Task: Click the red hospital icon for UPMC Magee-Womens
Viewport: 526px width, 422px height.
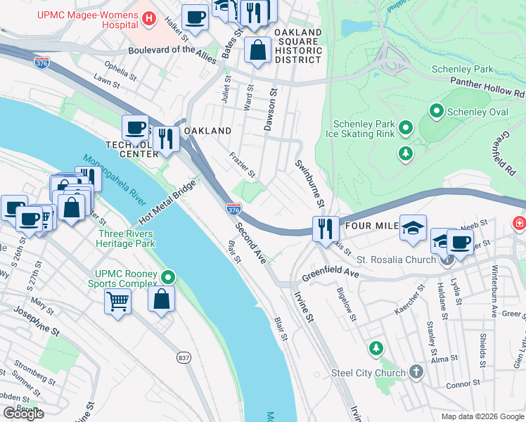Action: pyautogui.click(x=148, y=20)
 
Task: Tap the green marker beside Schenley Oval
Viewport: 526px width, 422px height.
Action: pyautogui.click(x=436, y=111)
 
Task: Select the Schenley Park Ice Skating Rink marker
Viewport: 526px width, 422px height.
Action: pyautogui.click(x=405, y=127)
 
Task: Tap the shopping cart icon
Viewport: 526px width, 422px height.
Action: pyautogui.click(x=117, y=301)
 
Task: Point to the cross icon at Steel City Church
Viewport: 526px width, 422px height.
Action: pyautogui.click(x=416, y=372)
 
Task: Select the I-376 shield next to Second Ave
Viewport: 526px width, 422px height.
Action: pyautogui.click(x=234, y=209)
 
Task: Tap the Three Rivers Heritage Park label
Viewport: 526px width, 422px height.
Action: pyautogui.click(x=127, y=238)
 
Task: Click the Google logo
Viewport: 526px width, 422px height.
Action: pyautogui.click(x=23, y=414)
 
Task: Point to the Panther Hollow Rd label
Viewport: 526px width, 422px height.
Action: pyautogui.click(x=487, y=92)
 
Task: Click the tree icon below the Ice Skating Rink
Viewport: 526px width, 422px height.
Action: pyautogui.click(x=405, y=153)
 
